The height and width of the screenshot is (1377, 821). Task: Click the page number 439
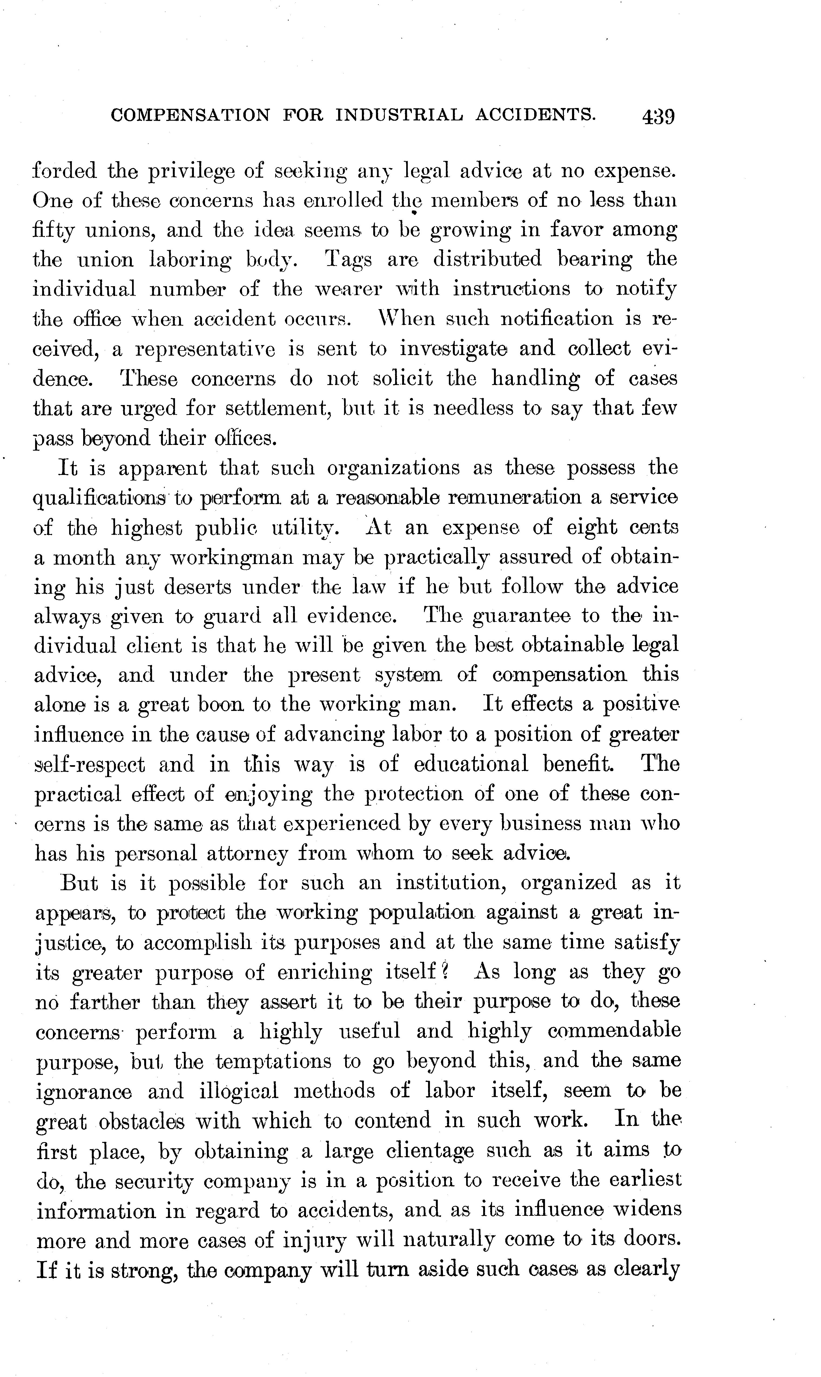[x=658, y=117]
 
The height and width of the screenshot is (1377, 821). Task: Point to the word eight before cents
[x=591, y=528]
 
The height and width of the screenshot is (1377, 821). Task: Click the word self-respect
[x=90, y=765]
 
